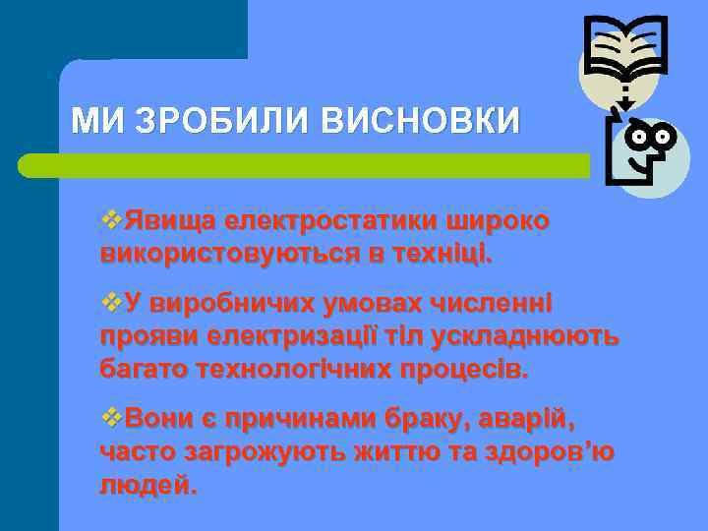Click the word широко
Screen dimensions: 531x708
point(498,221)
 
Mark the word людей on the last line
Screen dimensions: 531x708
point(147,486)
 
